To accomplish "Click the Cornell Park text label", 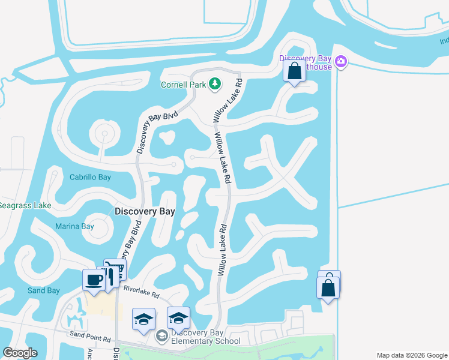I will [183, 85].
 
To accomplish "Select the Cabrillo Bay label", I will [90, 177].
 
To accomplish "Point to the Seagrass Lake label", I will [25, 205].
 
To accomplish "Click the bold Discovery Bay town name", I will [145, 211].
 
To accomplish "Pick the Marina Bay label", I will [74, 226].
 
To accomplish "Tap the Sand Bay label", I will [44, 290].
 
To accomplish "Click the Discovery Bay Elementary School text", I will [206, 337].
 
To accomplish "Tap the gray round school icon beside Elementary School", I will [161, 335].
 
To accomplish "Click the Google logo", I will [20, 353].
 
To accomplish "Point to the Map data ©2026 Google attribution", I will [412, 355].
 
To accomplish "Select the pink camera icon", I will [342, 61].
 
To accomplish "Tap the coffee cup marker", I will [94, 280].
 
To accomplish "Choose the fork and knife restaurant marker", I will [108, 276].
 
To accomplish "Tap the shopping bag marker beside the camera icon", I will [294, 71].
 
